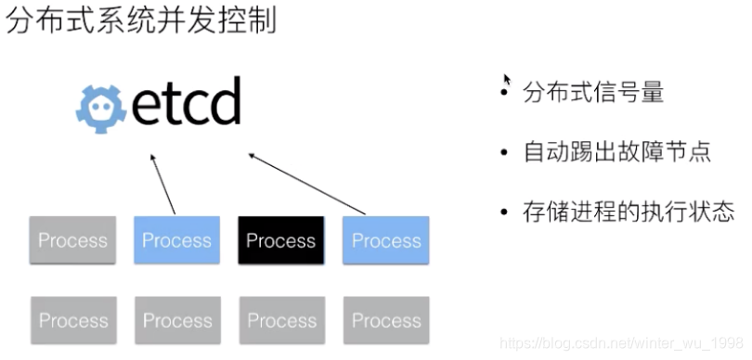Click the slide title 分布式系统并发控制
point(142,20)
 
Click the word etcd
point(186,103)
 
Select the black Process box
point(281,240)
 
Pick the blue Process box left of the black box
point(176,240)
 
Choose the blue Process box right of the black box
point(386,240)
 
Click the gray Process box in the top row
point(72,240)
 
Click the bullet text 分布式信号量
point(593,93)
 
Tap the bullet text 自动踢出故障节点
point(617,151)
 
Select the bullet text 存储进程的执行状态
point(629,211)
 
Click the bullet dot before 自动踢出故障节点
point(504,152)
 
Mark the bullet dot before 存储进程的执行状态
point(504,212)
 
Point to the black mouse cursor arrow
point(506,80)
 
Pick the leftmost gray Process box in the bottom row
point(73,321)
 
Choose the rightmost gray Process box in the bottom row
point(386,321)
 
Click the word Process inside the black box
point(281,241)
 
